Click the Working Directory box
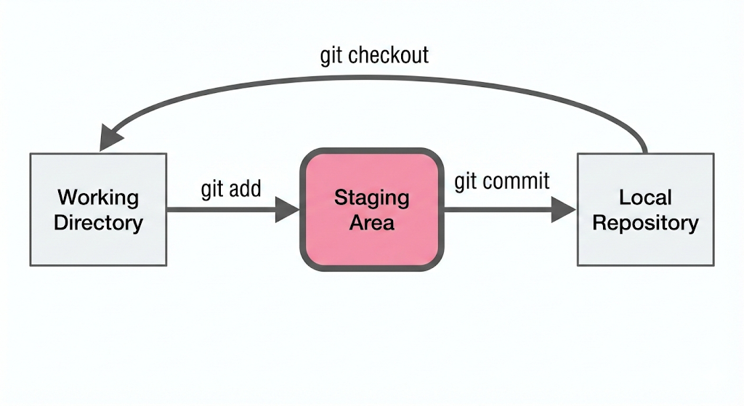tap(98, 209)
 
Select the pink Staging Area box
tap(372, 210)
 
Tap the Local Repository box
tap(645, 209)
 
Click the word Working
tap(98, 198)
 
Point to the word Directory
tap(98, 222)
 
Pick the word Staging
tap(371, 198)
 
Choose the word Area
tap(371, 222)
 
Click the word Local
tap(645, 198)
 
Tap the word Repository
tap(645, 222)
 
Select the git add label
tap(231, 190)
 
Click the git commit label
tap(502, 182)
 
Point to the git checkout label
tap(374, 55)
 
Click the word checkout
tap(388, 55)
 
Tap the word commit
tap(516, 181)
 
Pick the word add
tap(246, 188)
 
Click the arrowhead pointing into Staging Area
tap(287, 209)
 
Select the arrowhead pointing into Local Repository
tap(564, 209)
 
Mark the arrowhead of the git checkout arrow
tap(110, 137)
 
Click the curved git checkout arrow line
tap(375, 78)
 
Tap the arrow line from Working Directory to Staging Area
tap(233, 209)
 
